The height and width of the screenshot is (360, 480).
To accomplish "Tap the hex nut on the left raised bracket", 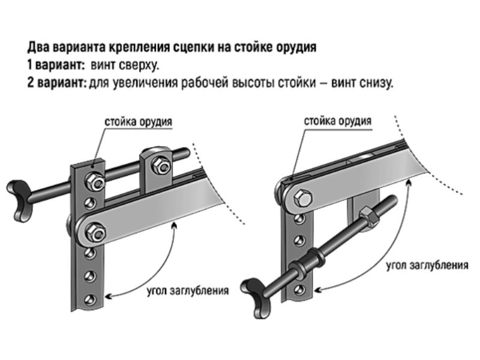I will point(160,166).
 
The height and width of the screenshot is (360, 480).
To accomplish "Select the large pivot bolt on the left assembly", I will point(94,230).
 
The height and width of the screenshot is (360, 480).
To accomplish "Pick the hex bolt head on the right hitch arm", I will point(301,200).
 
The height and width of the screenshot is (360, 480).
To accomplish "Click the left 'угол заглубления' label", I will point(187,292).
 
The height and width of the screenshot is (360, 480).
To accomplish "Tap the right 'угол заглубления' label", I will point(427,265).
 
